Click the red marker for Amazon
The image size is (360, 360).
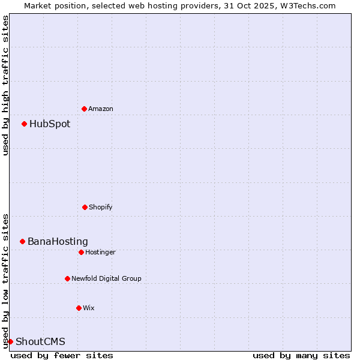(84, 109)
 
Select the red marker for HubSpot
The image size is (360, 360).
(24, 124)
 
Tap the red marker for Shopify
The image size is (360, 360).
(85, 207)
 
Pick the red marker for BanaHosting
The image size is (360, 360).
(22, 241)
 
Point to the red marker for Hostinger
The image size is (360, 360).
(81, 252)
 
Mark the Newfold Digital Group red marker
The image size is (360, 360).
(67, 278)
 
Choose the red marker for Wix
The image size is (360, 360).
(79, 308)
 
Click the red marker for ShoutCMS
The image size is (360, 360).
(10, 341)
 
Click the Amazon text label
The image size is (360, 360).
(101, 109)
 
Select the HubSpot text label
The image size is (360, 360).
(50, 124)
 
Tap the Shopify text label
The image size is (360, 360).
(101, 207)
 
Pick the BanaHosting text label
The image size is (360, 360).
(58, 242)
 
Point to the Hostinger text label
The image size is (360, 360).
(101, 252)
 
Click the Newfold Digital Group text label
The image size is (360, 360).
(107, 278)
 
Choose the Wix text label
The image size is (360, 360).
(89, 308)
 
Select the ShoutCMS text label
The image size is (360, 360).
(40, 342)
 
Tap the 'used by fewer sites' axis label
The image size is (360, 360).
(62, 355)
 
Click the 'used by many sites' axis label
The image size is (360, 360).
(301, 355)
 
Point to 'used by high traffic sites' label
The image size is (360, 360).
(5, 85)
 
